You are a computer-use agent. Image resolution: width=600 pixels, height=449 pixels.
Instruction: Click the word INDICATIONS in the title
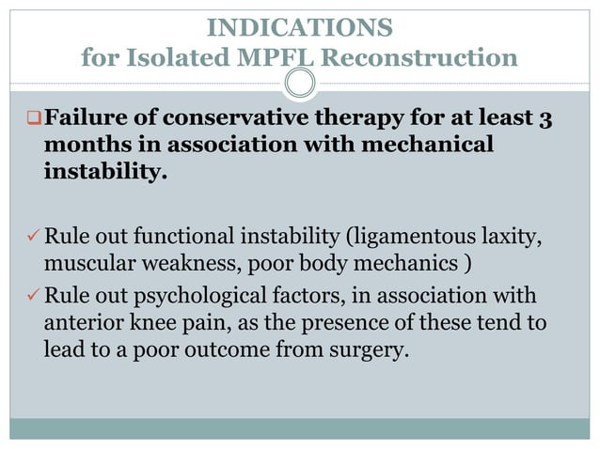tap(299, 25)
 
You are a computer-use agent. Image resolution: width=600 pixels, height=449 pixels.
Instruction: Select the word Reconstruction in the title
tap(420, 59)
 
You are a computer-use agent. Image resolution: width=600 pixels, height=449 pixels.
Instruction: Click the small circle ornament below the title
tap(299, 85)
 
